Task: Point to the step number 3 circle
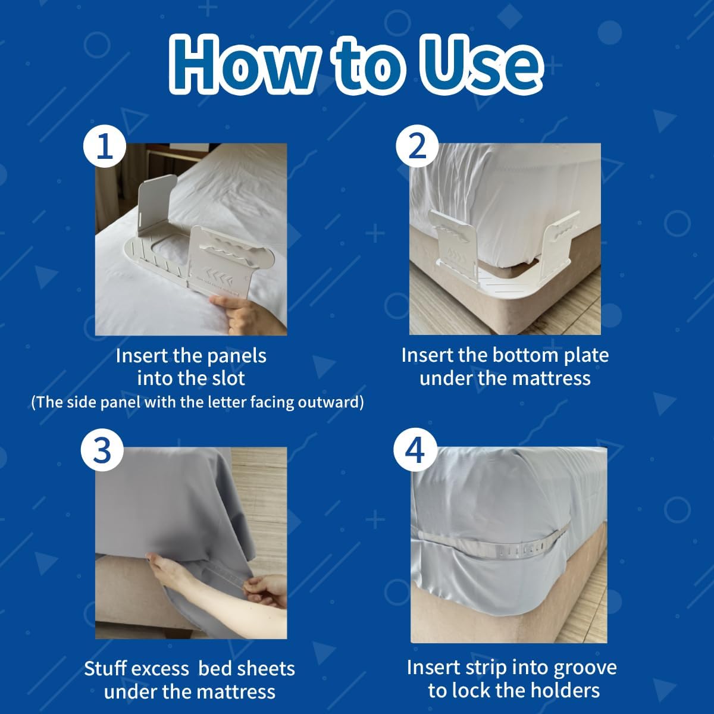pyautogui.click(x=103, y=451)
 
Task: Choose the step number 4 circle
pyautogui.click(x=415, y=450)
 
